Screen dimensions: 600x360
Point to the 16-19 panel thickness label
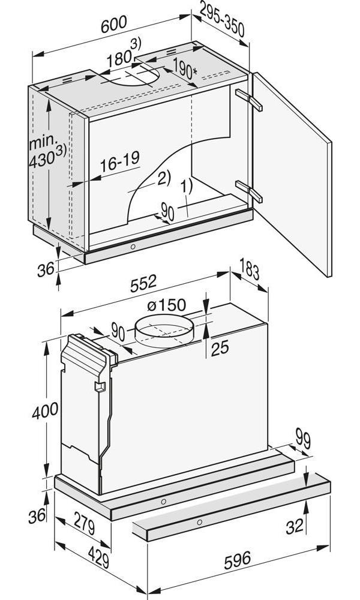(119, 160)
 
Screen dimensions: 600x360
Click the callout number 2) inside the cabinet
(163, 178)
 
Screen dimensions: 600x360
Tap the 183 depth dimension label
(248, 270)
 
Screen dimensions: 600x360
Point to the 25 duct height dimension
(220, 348)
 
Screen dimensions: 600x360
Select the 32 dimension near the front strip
(294, 527)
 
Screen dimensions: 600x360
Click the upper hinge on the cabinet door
(249, 100)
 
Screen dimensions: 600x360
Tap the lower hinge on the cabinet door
(249, 190)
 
